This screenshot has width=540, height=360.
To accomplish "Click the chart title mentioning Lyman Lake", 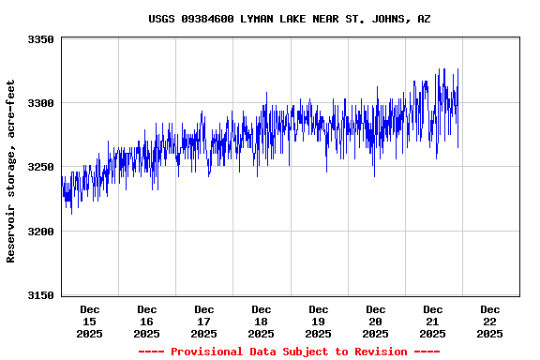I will click(290, 19).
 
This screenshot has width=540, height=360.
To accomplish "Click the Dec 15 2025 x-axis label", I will click(90, 322).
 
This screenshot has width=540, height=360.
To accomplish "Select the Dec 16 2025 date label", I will click(147, 322).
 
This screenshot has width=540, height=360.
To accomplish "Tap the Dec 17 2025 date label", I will click(204, 322).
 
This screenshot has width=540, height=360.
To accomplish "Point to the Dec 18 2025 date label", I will click(262, 322).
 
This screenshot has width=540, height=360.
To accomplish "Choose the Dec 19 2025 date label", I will click(319, 322).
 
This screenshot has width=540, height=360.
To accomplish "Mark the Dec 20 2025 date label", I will click(376, 322).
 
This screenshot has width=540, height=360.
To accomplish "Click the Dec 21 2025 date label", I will click(433, 322).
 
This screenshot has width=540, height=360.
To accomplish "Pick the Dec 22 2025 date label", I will click(490, 322).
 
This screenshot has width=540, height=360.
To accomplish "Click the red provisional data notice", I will click(289, 352).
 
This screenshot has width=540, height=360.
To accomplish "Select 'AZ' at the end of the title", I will click(425, 19).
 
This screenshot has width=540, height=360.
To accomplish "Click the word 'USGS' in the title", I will click(162, 19).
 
